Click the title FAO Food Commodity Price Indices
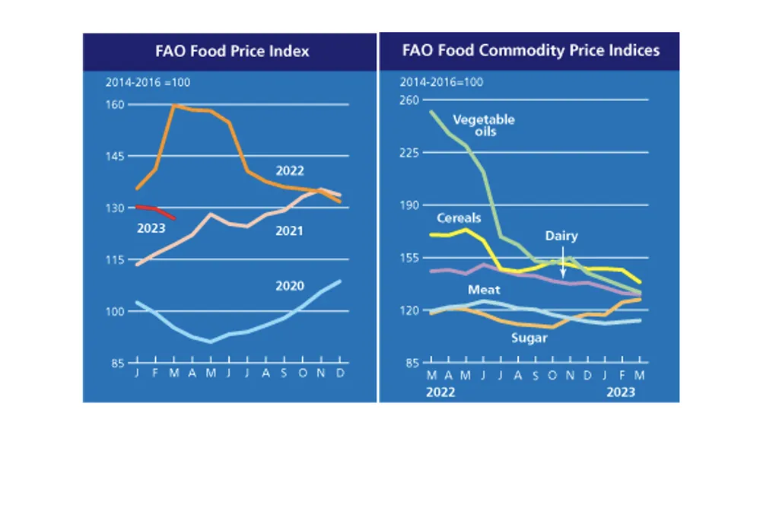tap(530, 52)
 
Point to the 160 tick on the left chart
tap(115, 104)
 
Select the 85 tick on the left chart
tap(116, 364)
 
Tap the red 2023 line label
tap(151, 227)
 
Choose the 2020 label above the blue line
tap(290, 286)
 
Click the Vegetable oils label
tap(484, 125)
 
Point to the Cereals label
tap(459, 218)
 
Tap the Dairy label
tap(561, 236)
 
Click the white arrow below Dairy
tap(563, 262)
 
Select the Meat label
tap(484, 290)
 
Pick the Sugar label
tap(529, 338)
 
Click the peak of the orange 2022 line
tap(174, 105)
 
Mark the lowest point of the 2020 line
tap(211, 341)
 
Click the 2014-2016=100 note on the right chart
tap(442, 82)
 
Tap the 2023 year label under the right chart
tap(621, 392)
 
